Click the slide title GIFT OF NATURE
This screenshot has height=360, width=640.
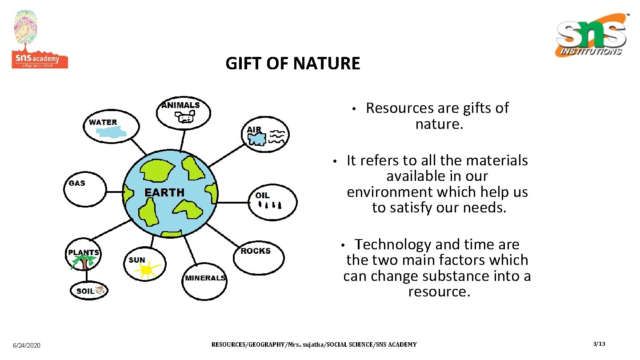[x=292, y=64]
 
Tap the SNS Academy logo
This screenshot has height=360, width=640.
[x=39, y=40]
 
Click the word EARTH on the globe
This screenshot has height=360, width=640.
[x=164, y=192]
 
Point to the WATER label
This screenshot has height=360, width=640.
[x=103, y=122]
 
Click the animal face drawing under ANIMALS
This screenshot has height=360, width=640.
[x=184, y=117]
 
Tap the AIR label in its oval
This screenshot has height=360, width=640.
[x=254, y=130]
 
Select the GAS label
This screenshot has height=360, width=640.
[x=77, y=183]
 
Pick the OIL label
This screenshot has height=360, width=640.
[x=262, y=196]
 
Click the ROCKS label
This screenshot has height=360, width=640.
[x=256, y=251]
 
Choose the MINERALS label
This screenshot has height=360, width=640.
[x=205, y=278]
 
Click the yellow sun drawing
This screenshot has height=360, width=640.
[x=147, y=270]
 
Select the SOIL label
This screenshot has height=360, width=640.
[x=85, y=291]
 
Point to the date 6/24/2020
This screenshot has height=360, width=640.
[x=27, y=345]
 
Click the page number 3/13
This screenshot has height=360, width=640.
[x=599, y=344]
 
